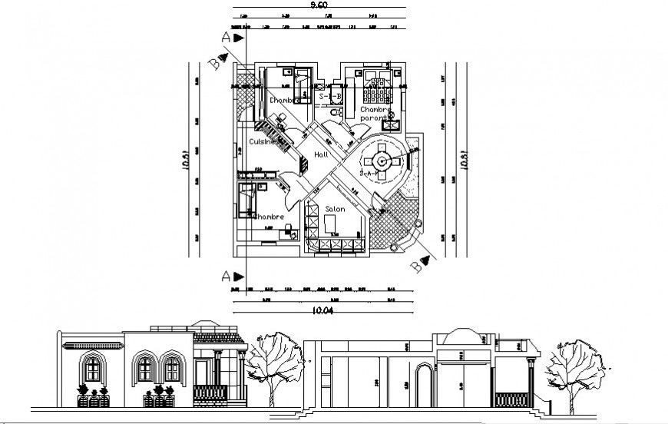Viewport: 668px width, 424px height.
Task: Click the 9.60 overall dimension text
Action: pos(315,5)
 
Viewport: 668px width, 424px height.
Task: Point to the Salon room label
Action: pos(334,209)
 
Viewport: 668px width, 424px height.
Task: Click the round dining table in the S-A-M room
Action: pos(382,161)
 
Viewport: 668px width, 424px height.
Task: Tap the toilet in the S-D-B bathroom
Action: pos(333,113)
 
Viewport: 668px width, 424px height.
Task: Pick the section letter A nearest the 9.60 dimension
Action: pos(224,36)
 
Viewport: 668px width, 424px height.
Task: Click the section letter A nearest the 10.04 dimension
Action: pos(224,275)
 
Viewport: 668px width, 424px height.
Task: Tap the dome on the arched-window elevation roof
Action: pos(205,326)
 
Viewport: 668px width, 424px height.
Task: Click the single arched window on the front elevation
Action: pos(93,369)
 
